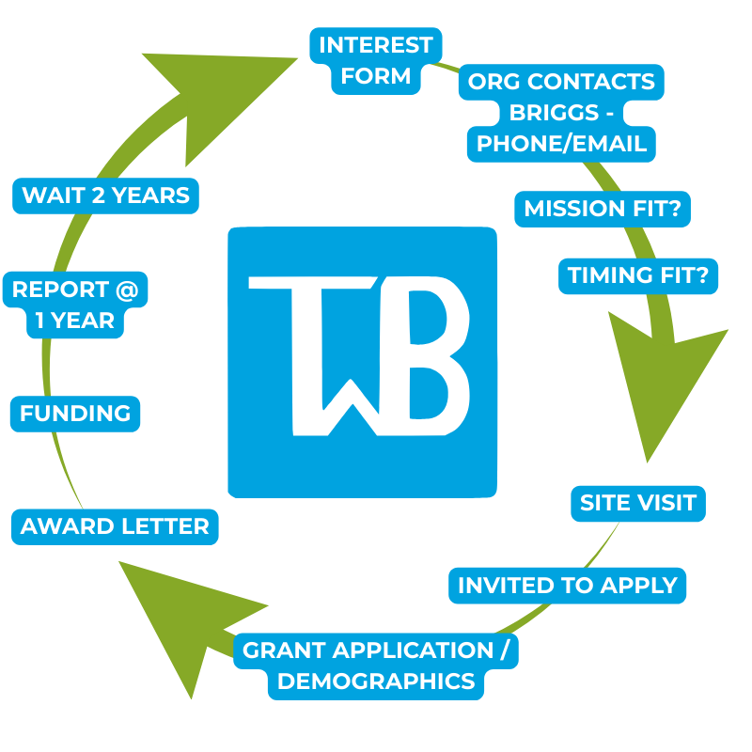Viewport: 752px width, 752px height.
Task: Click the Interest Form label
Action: [x=376, y=60]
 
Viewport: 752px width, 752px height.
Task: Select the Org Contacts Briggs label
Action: [x=562, y=112]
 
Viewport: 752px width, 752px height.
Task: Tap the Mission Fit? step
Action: [x=603, y=209]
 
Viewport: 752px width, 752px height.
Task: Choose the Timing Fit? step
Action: [x=643, y=275]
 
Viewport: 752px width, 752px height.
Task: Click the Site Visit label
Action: [x=638, y=503]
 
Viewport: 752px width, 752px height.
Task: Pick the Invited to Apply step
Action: [x=568, y=586]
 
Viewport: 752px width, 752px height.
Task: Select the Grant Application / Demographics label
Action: [x=376, y=666]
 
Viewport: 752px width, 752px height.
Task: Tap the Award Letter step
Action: [x=115, y=526]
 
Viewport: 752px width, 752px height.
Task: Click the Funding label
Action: [x=75, y=414]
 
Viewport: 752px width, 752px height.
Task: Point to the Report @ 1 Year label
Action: [x=75, y=305]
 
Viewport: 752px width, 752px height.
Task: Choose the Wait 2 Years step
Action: [x=106, y=196]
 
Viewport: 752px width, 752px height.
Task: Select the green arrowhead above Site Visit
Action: [x=658, y=376]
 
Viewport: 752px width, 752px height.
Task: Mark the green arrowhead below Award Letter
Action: [x=179, y=620]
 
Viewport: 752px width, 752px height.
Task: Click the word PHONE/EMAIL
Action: [x=562, y=144]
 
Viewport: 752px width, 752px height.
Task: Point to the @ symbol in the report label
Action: [x=126, y=290]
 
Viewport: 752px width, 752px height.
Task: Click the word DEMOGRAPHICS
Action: [x=376, y=681]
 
